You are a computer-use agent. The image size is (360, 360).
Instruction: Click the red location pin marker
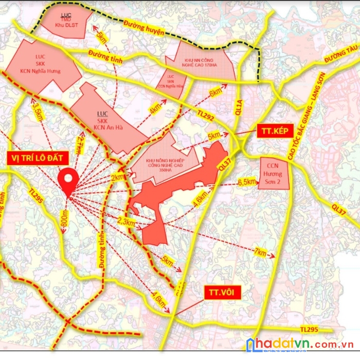coord(68,180)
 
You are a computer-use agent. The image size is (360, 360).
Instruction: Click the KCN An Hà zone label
coord(107,119)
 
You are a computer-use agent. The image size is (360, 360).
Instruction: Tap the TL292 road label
coord(205,115)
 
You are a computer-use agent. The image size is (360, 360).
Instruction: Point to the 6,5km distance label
coord(247,182)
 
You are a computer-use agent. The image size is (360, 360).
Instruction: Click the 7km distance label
coord(260,253)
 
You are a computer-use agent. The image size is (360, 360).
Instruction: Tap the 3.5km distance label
coord(38,112)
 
